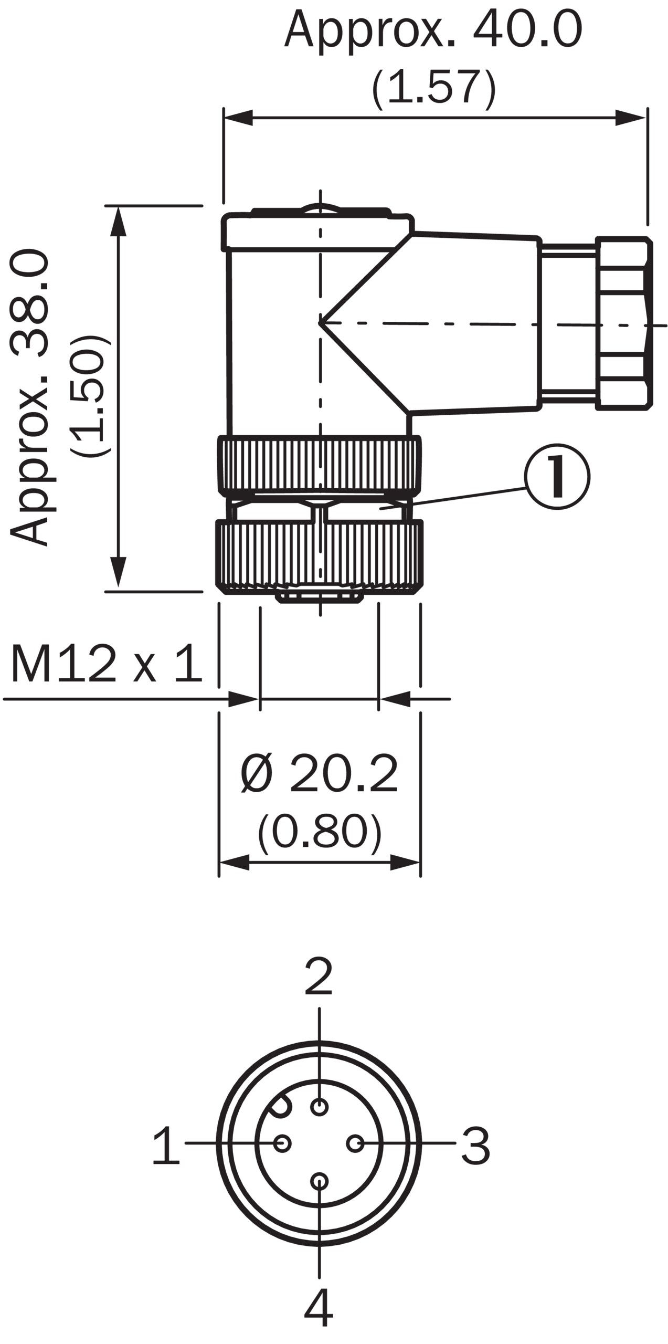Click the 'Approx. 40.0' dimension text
(x=433, y=29)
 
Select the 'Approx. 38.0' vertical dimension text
(x=30, y=397)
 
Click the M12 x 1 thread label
(x=107, y=664)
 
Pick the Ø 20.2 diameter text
(x=319, y=774)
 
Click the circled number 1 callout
(x=557, y=477)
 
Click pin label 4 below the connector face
(x=319, y=1319)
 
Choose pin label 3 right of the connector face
(x=475, y=1146)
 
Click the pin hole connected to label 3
(x=355, y=1143)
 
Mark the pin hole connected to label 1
(x=283, y=1143)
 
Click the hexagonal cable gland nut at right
(x=623, y=324)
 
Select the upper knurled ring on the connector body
(x=319, y=465)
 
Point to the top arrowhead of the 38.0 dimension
(x=119, y=220)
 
